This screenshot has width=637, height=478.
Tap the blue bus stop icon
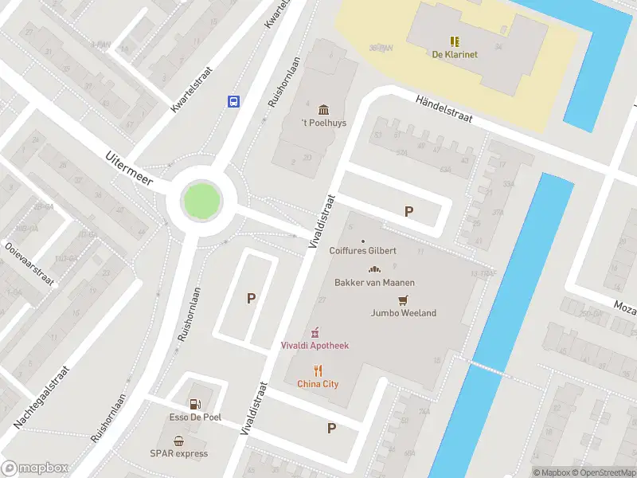point(234,101)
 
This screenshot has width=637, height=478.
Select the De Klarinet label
point(455,54)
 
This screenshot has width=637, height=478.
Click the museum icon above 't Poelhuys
point(323,109)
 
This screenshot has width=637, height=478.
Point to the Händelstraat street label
point(444,107)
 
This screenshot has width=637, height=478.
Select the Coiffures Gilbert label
point(362,250)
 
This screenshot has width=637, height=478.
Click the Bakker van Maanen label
point(374,282)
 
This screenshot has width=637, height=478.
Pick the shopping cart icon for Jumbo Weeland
point(404,300)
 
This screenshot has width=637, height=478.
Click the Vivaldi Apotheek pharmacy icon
point(315,331)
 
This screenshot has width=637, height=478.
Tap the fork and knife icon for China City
point(318,370)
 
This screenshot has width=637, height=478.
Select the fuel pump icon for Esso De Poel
point(195,404)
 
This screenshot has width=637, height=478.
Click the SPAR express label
point(180,453)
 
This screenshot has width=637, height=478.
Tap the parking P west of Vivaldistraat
point(251,299)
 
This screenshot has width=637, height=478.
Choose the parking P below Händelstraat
point(409,211)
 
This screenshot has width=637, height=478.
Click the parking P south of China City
point(332,428)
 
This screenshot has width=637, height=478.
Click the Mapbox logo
point(33,468)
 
